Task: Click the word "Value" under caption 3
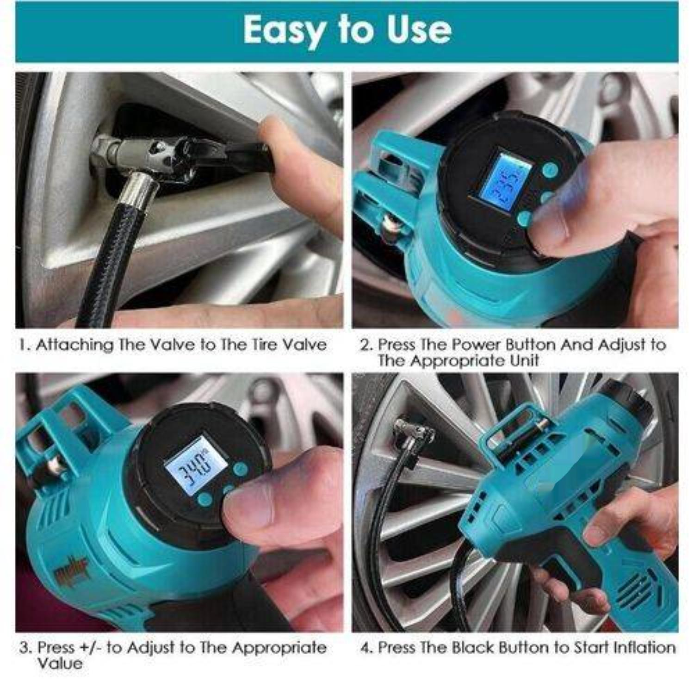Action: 60,663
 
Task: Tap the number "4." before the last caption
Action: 366,648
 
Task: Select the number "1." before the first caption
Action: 25,345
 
